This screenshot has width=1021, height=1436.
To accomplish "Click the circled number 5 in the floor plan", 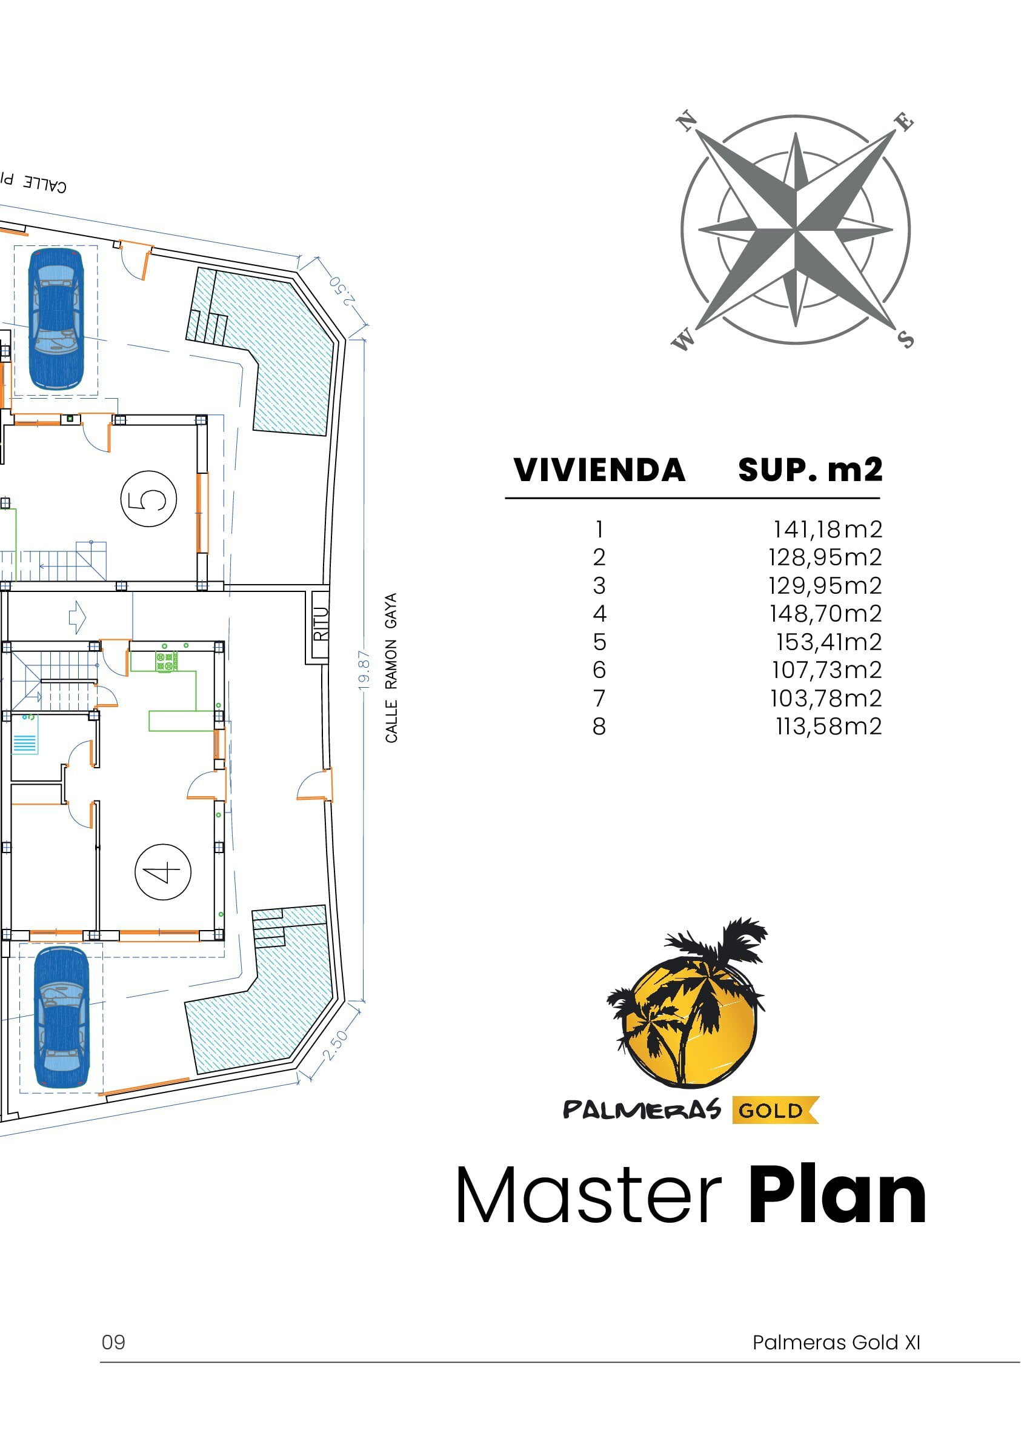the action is (x=148, y=499).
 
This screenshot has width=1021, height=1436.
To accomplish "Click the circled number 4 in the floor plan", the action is (x=163, y=872).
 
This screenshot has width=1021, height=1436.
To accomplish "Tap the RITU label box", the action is (x=321, y=623).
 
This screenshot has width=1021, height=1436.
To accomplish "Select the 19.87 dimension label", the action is (x=364, y=671).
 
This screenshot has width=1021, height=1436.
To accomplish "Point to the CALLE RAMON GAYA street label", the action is (x=391, y=668).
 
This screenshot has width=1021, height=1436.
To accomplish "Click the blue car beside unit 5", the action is (x=56, y=319).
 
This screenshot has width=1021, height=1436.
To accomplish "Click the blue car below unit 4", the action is (x=61, y=1017).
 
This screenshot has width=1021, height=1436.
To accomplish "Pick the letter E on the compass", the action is (x=904, y=121).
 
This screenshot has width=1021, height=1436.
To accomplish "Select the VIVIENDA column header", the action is (x=599, y=470).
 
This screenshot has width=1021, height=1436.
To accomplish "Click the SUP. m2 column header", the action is (x=810, y=470).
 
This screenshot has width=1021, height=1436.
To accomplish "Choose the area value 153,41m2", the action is (x=829, y=642).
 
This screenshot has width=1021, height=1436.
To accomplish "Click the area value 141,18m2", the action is (x=827, y=530).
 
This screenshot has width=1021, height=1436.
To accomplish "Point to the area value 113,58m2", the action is (x=829, y=726).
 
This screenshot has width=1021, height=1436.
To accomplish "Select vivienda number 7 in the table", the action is (x=599, y=699).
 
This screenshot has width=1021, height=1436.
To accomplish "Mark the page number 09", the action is (x=114, y=1343).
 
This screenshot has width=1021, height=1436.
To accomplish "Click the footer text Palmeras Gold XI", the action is (x=836, y=1343).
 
